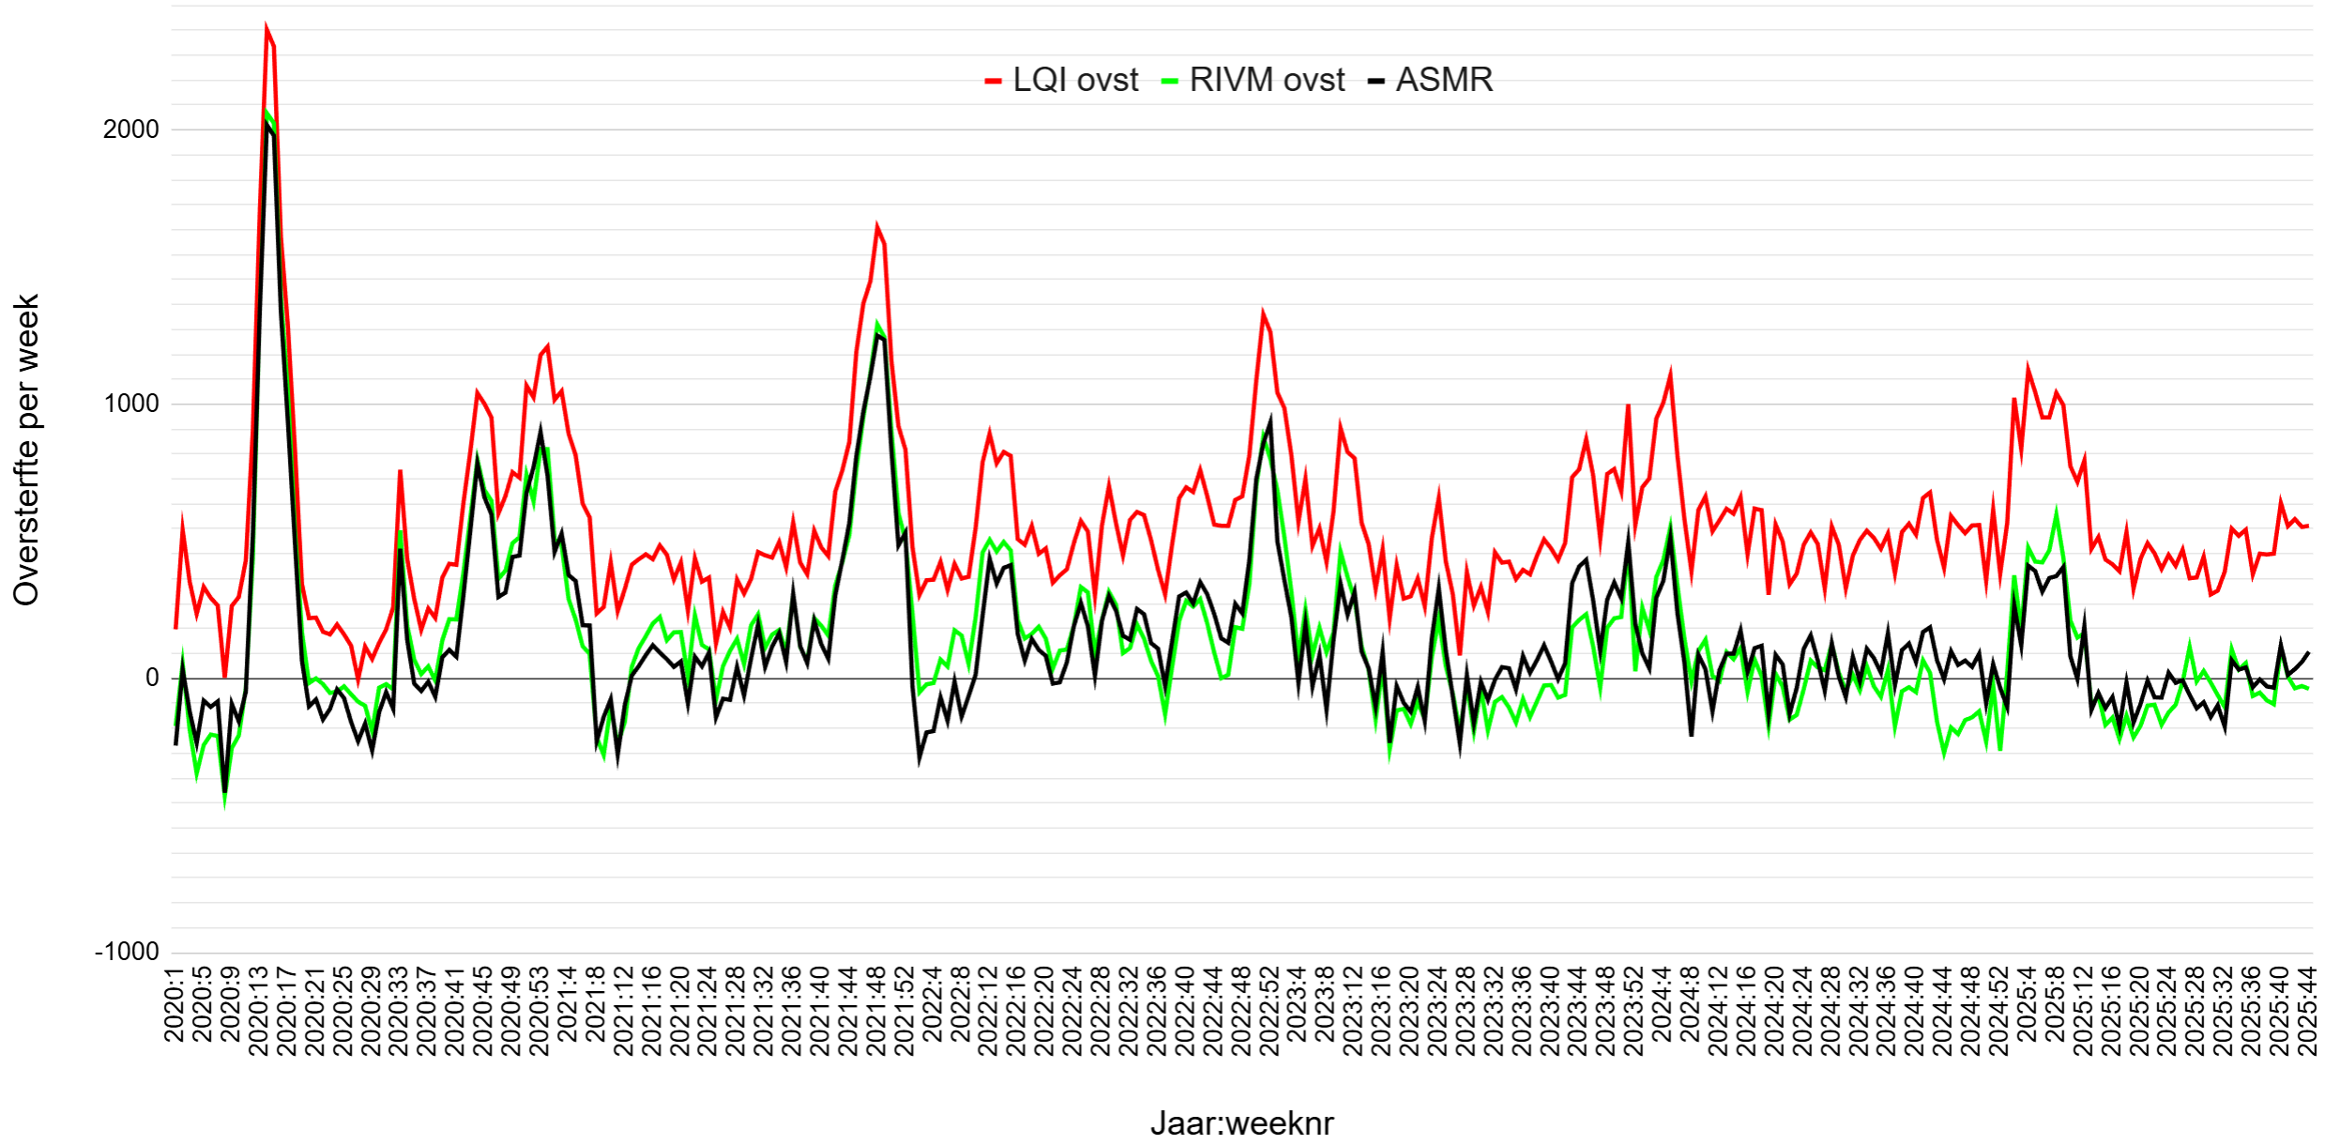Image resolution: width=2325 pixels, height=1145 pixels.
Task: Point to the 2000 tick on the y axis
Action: coord(131,130)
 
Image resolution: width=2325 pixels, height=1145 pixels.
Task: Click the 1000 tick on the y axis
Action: coord(131,404)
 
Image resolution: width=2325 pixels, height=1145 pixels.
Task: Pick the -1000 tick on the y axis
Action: coord(128,952)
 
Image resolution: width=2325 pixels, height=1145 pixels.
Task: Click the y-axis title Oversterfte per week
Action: coord(26,450)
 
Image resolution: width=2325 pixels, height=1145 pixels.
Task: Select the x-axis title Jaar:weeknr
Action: coord(1241,1123)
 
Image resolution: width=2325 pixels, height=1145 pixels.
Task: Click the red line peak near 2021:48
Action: coord(877,225)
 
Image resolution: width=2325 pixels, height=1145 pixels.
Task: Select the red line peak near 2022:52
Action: coord(1263,312)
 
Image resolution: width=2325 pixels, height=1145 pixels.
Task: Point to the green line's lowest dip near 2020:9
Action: coord(225,802)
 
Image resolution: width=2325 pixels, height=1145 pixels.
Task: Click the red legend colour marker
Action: coord(993,82)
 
